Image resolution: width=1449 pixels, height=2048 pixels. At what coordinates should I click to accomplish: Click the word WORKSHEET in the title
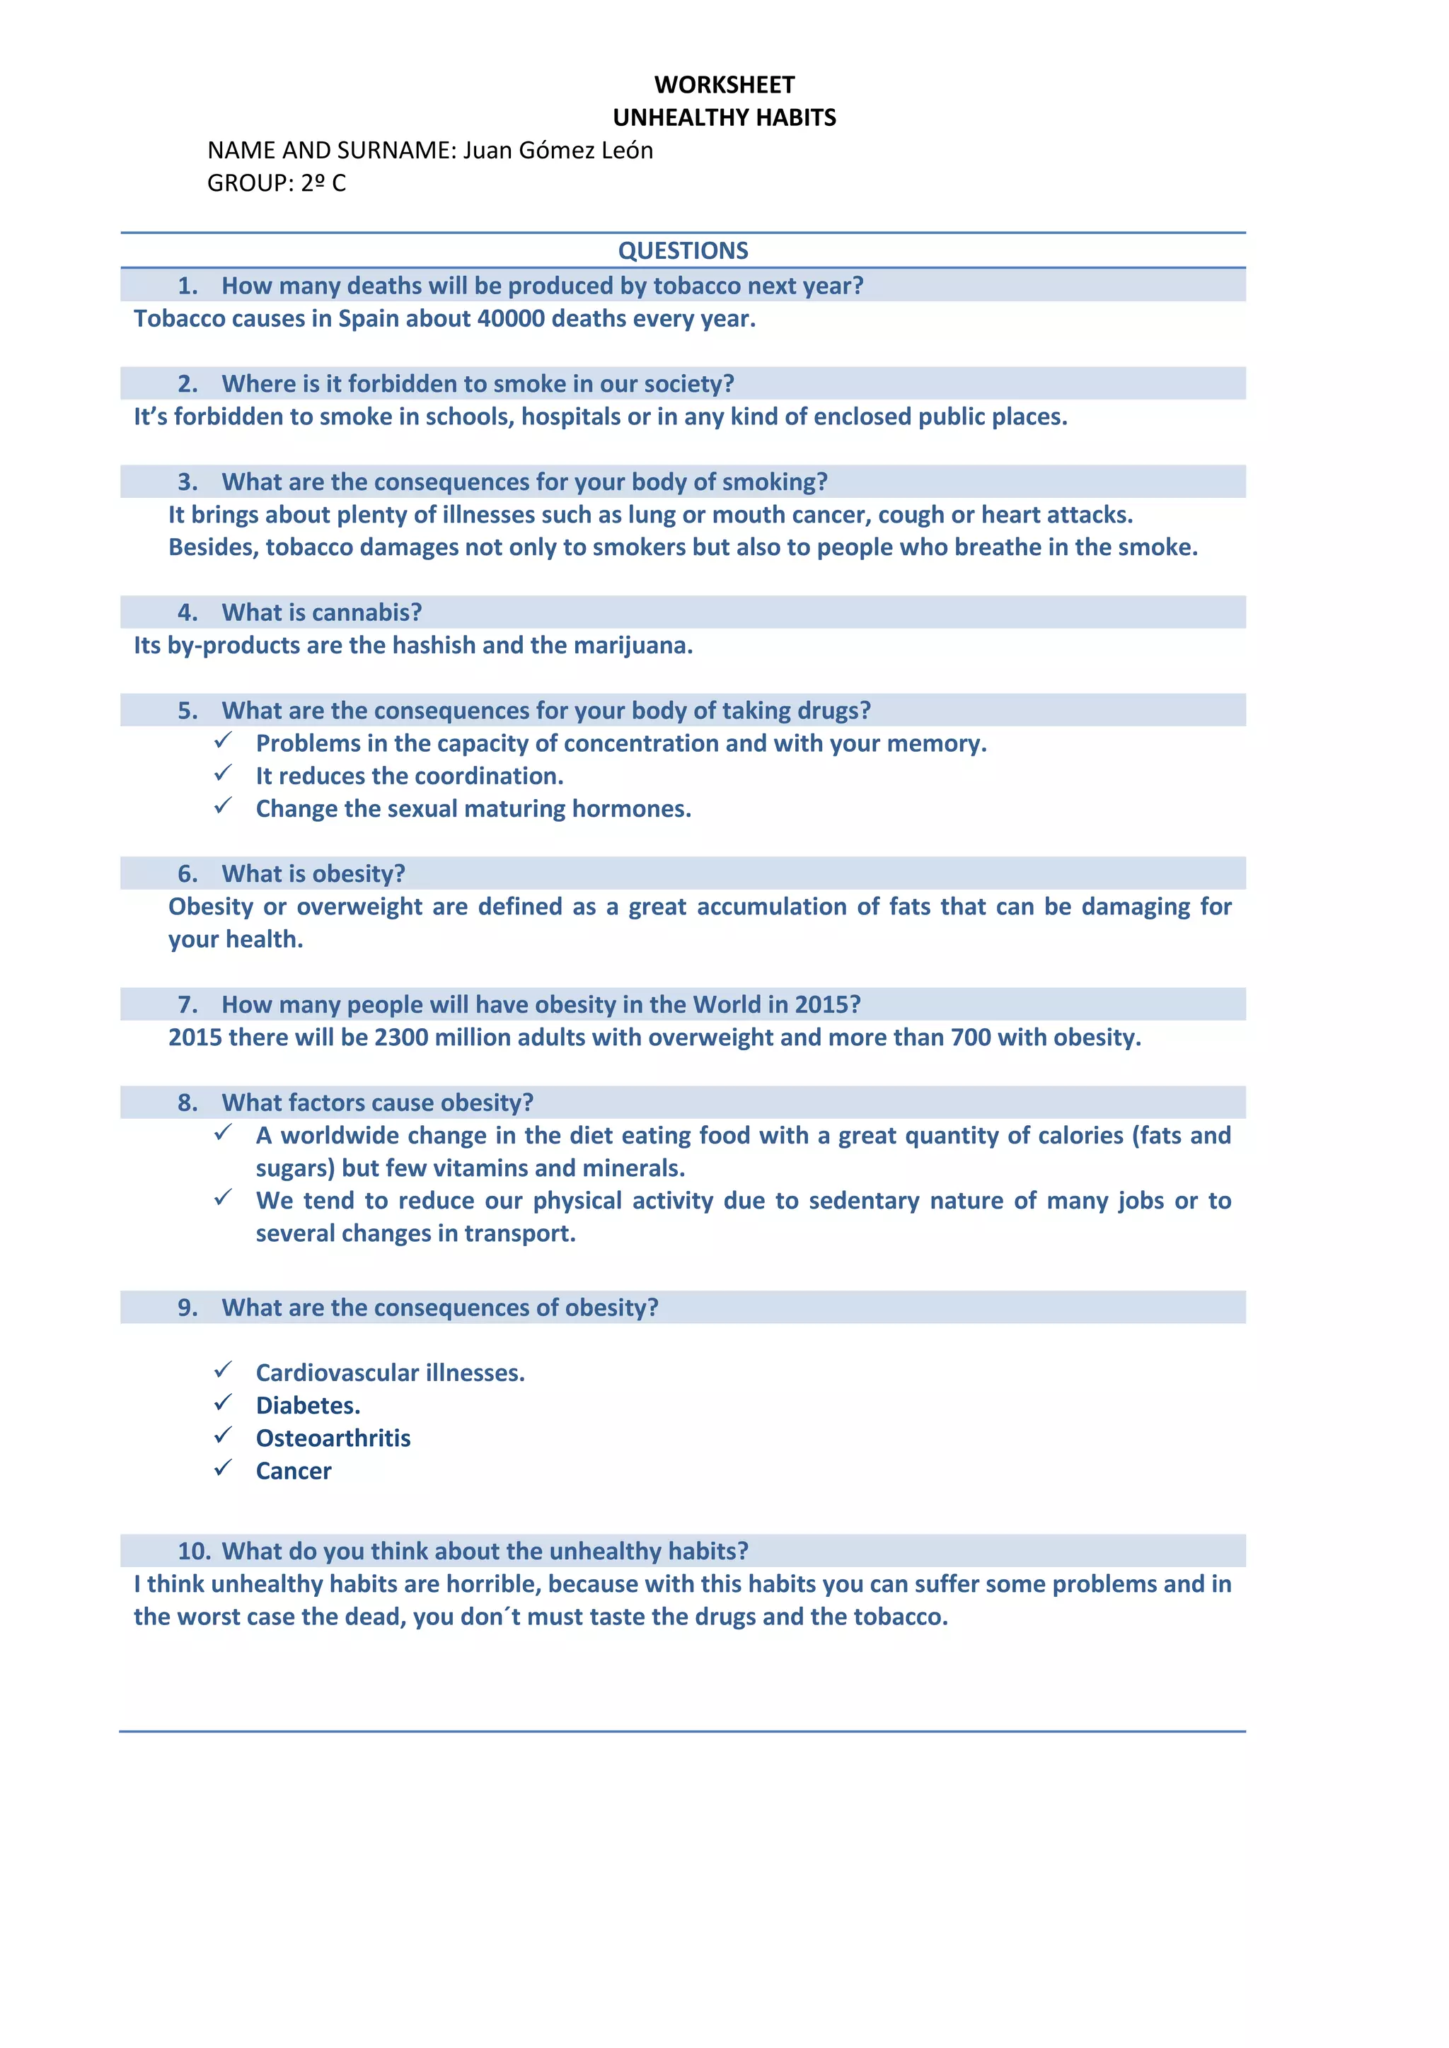[724, 85]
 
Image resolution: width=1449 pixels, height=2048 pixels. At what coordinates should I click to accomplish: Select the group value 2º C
[323, 183]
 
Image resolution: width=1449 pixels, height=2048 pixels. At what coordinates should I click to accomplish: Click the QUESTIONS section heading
[683, 250]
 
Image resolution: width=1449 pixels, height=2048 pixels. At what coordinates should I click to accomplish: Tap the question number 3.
[187, 482]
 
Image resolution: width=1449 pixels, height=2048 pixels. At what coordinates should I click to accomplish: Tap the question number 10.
[194, 1551]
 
